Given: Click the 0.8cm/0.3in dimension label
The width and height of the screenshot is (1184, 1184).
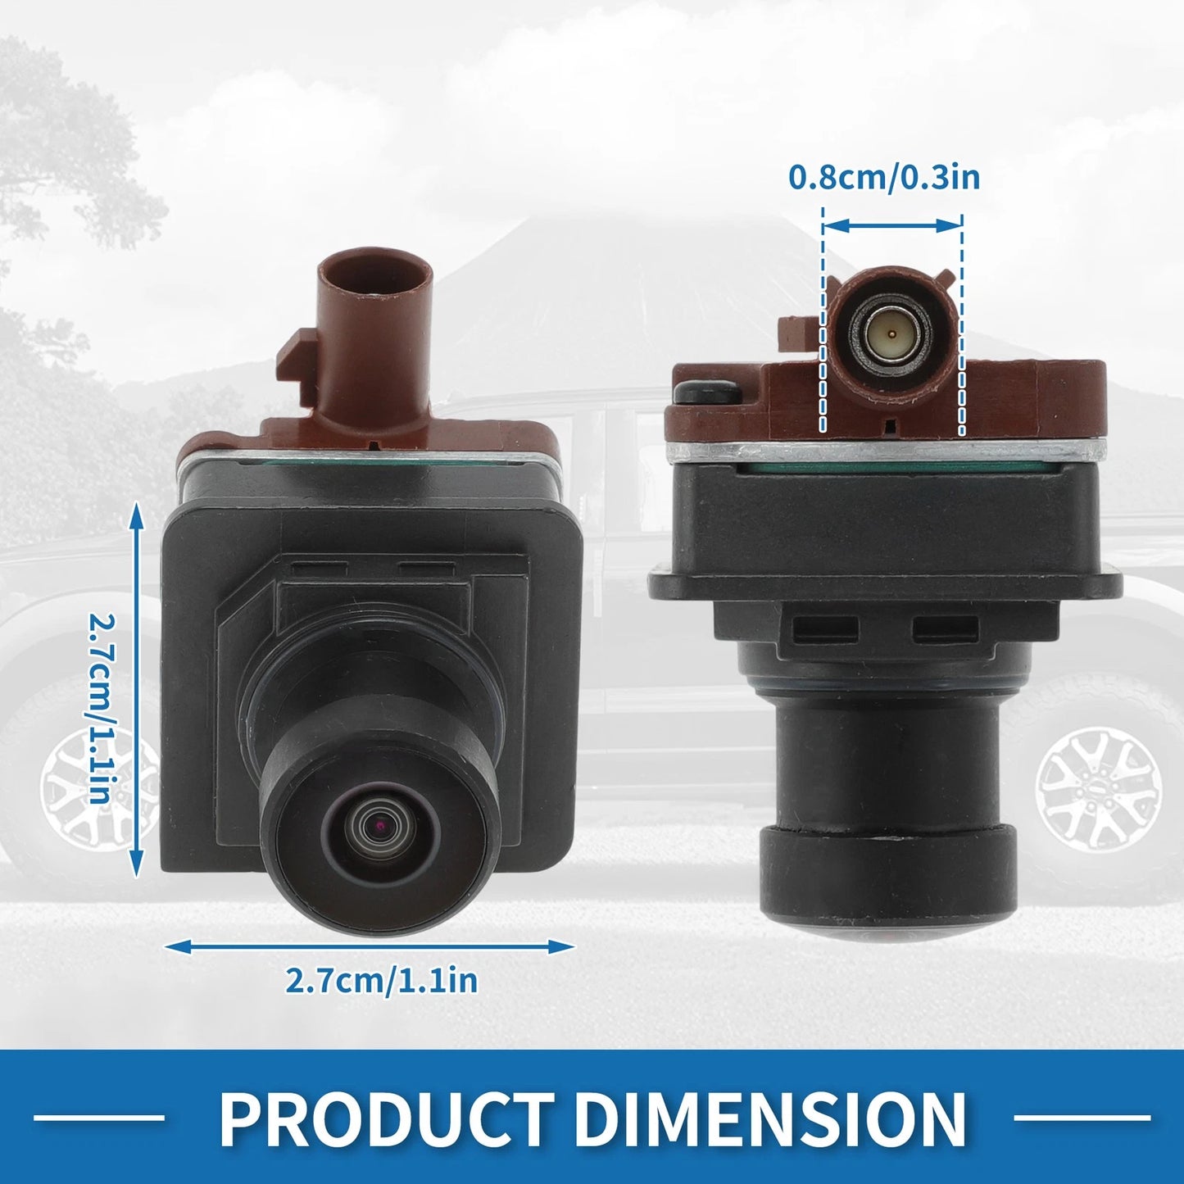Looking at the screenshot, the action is tap(884, 178).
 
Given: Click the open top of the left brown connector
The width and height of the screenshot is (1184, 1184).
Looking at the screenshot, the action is tap(374, 276).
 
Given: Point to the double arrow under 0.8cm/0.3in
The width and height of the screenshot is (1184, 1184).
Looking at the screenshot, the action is tap(892, 226).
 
